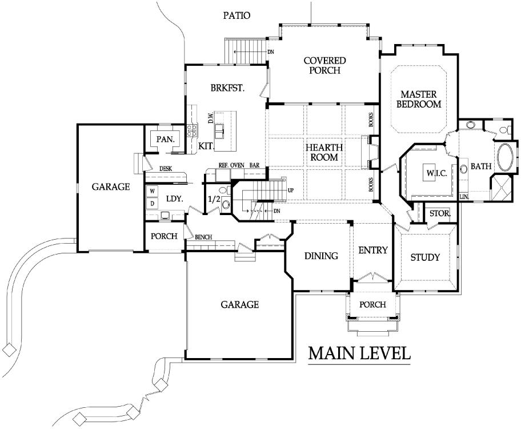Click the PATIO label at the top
(237, 15)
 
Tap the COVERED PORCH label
(324, 66)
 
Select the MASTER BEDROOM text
(419, 99)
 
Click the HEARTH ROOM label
(324, 152)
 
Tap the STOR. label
(440, 213)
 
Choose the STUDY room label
(425, 257)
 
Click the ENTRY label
(373, 250)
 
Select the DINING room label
(321, 256)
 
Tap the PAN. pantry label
(166, 139)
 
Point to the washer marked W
(153, 192)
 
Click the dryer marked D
(153, 204)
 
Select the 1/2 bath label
(214, 199)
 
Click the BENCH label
(203, 237)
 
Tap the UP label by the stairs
(291, 190)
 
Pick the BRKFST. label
(227, 88)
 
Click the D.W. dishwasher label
(211, 119)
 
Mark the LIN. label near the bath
(464, 197)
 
